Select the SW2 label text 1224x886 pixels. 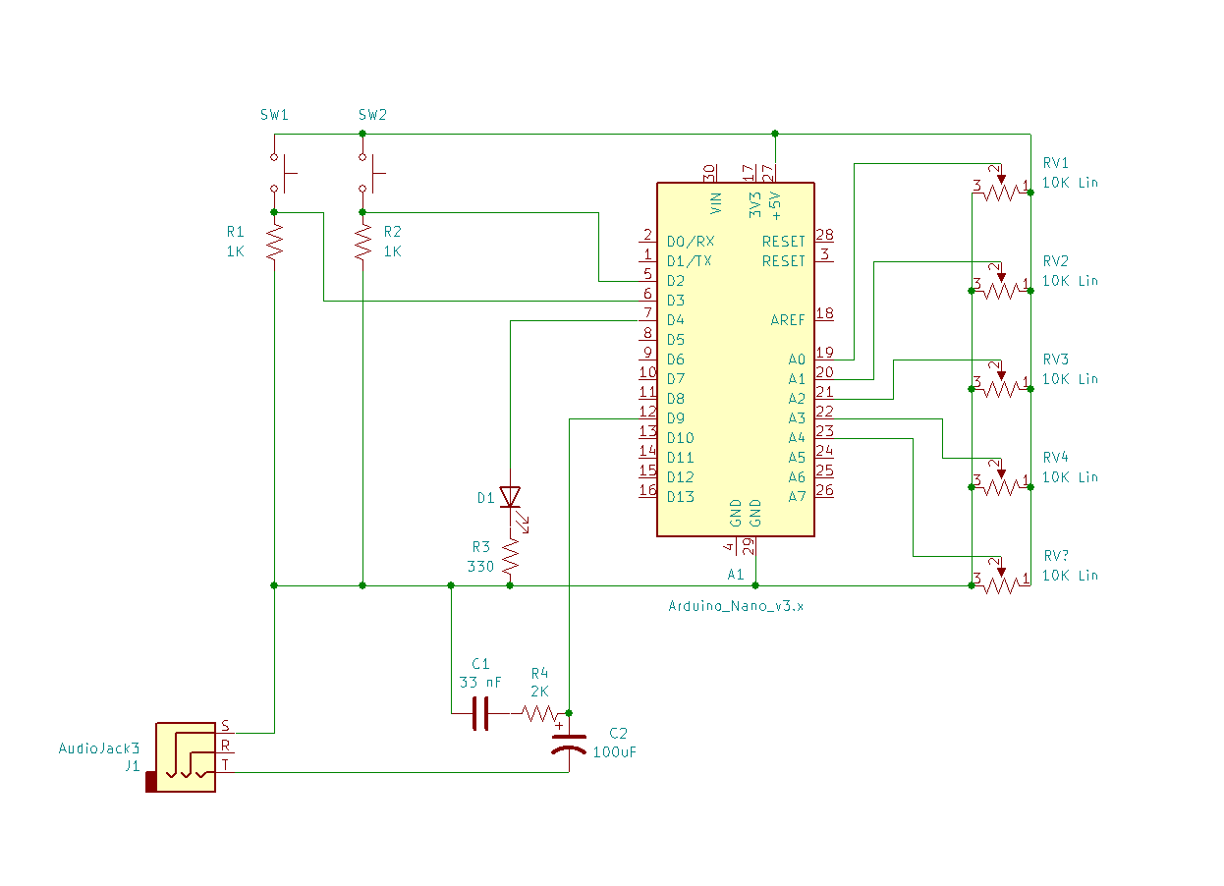[372, 115]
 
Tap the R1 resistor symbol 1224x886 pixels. [274, 242]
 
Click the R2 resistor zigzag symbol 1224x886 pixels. [362, 242]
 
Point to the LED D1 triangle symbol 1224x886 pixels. [510, 497]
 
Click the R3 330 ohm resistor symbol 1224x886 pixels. [510, 558]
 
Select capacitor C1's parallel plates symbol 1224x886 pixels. [480, 713]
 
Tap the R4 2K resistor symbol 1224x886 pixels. [539, 713]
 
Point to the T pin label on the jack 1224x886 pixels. [224, 764]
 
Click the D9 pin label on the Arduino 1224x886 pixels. [676, 418]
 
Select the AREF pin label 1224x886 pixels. [788, 320]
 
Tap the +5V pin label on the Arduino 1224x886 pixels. [775, 203]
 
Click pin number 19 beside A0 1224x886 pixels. [825, 352]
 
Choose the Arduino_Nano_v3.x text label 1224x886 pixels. [736, 606]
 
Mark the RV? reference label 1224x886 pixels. [1055, 556]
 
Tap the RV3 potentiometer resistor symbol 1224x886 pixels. [1000, 388]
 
